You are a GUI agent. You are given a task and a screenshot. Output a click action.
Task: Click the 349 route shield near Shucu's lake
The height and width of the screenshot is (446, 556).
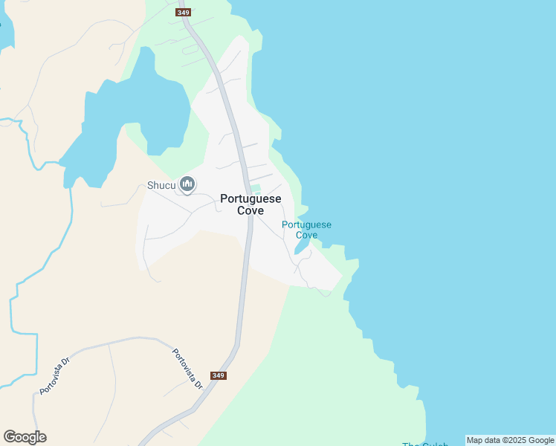coord(184,13)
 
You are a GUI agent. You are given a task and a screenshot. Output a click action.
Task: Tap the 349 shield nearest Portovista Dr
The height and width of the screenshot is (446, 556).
coord(218,375)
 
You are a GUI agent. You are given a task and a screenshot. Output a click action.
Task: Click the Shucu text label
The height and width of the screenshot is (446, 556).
coord(161,185)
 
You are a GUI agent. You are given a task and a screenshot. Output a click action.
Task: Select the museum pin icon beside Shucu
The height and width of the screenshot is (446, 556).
coord(187,184)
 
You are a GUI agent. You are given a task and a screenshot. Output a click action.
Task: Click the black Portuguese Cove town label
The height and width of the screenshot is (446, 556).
coord(250,204)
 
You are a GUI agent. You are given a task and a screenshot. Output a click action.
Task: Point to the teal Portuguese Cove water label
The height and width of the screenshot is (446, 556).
coord(306,230)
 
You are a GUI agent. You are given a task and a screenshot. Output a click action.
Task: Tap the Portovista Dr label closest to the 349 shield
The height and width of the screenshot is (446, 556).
coord(187,369)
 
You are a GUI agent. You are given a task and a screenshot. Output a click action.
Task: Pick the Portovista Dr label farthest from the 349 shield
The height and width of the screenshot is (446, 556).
coord(55,376)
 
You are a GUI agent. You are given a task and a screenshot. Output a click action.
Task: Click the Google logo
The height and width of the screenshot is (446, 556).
coord(25,437)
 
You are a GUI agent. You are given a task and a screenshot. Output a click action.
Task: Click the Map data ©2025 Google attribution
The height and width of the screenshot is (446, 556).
coord(510,440)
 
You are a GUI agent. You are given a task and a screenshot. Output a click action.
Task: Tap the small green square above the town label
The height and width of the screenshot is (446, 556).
coord(255,188)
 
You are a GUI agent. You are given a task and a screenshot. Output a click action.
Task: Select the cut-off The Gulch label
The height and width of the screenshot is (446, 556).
coord(425,444)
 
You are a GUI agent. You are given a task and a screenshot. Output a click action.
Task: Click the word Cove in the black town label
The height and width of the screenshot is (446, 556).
coord(250,210)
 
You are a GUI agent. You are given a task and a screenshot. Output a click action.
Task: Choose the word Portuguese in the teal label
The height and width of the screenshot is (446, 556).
coord(306,224)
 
